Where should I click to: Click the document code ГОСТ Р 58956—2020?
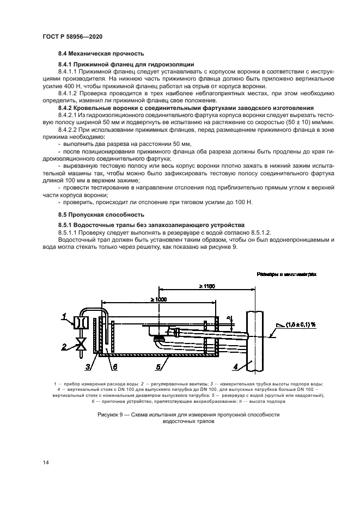[x=72, y=36]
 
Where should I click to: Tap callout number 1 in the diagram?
[x=64, y=316]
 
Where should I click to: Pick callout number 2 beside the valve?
[x=64, y=345]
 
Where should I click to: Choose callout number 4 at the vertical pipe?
[x=236, y=367]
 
